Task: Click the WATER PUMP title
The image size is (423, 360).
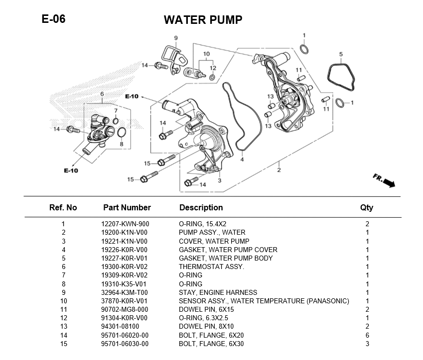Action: coord(203,20)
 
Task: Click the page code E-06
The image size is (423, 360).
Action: coord(53,19)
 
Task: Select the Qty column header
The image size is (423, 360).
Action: coord(366,207)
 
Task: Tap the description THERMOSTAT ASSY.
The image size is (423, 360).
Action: coord(211,267)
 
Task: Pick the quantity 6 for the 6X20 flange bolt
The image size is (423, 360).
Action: coord(367,335)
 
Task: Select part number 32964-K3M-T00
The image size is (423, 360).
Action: coord(125,292)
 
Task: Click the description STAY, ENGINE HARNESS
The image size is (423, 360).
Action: coord(218,292)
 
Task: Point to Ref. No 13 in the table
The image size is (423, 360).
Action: coord(63,327)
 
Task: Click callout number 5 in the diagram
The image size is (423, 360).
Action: coord(341,54)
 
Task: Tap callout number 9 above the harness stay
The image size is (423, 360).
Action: coord(176,38)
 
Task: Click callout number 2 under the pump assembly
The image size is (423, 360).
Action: coord(279,170)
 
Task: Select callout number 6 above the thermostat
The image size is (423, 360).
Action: coord(102,93)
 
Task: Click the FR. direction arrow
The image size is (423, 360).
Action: coord(384,181)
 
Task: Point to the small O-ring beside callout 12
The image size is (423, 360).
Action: coord(213,78)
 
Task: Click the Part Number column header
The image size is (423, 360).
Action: coord(127,207)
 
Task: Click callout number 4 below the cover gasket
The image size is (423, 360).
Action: coord(242,160)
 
